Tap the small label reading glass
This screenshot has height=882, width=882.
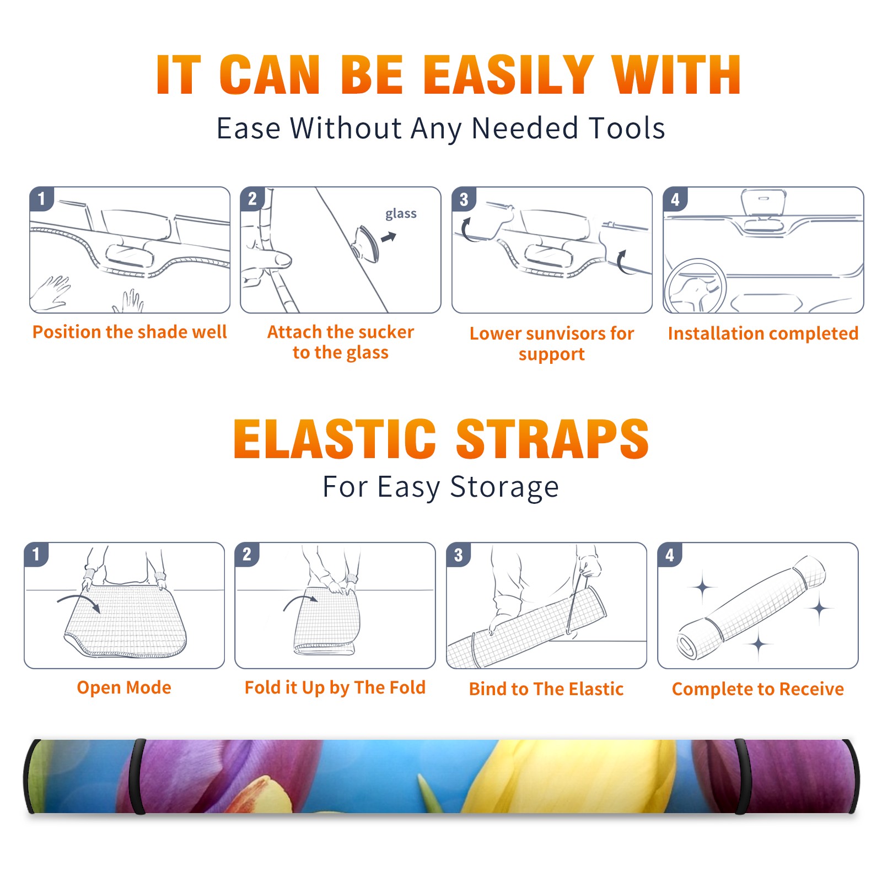[x=401, y=214]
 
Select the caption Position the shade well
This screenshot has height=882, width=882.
[x=130, y=332]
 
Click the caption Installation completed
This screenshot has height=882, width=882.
[x=763, y=334]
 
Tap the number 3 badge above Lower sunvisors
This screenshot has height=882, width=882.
[x=464, y=200]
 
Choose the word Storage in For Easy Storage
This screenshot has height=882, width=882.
[x=504, y=488]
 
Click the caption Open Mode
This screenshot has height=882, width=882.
[x=124, y=687]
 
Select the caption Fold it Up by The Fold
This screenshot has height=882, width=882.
[x=335, y=687]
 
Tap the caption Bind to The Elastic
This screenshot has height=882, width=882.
[x=546, y=689]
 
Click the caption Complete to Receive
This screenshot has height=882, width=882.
[x=758, y=689]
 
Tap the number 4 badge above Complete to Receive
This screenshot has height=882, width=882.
[x=670, y=555]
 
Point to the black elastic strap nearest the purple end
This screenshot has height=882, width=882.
[x=742, y=777]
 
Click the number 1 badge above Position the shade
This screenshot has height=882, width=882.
[x=41, y=198]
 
